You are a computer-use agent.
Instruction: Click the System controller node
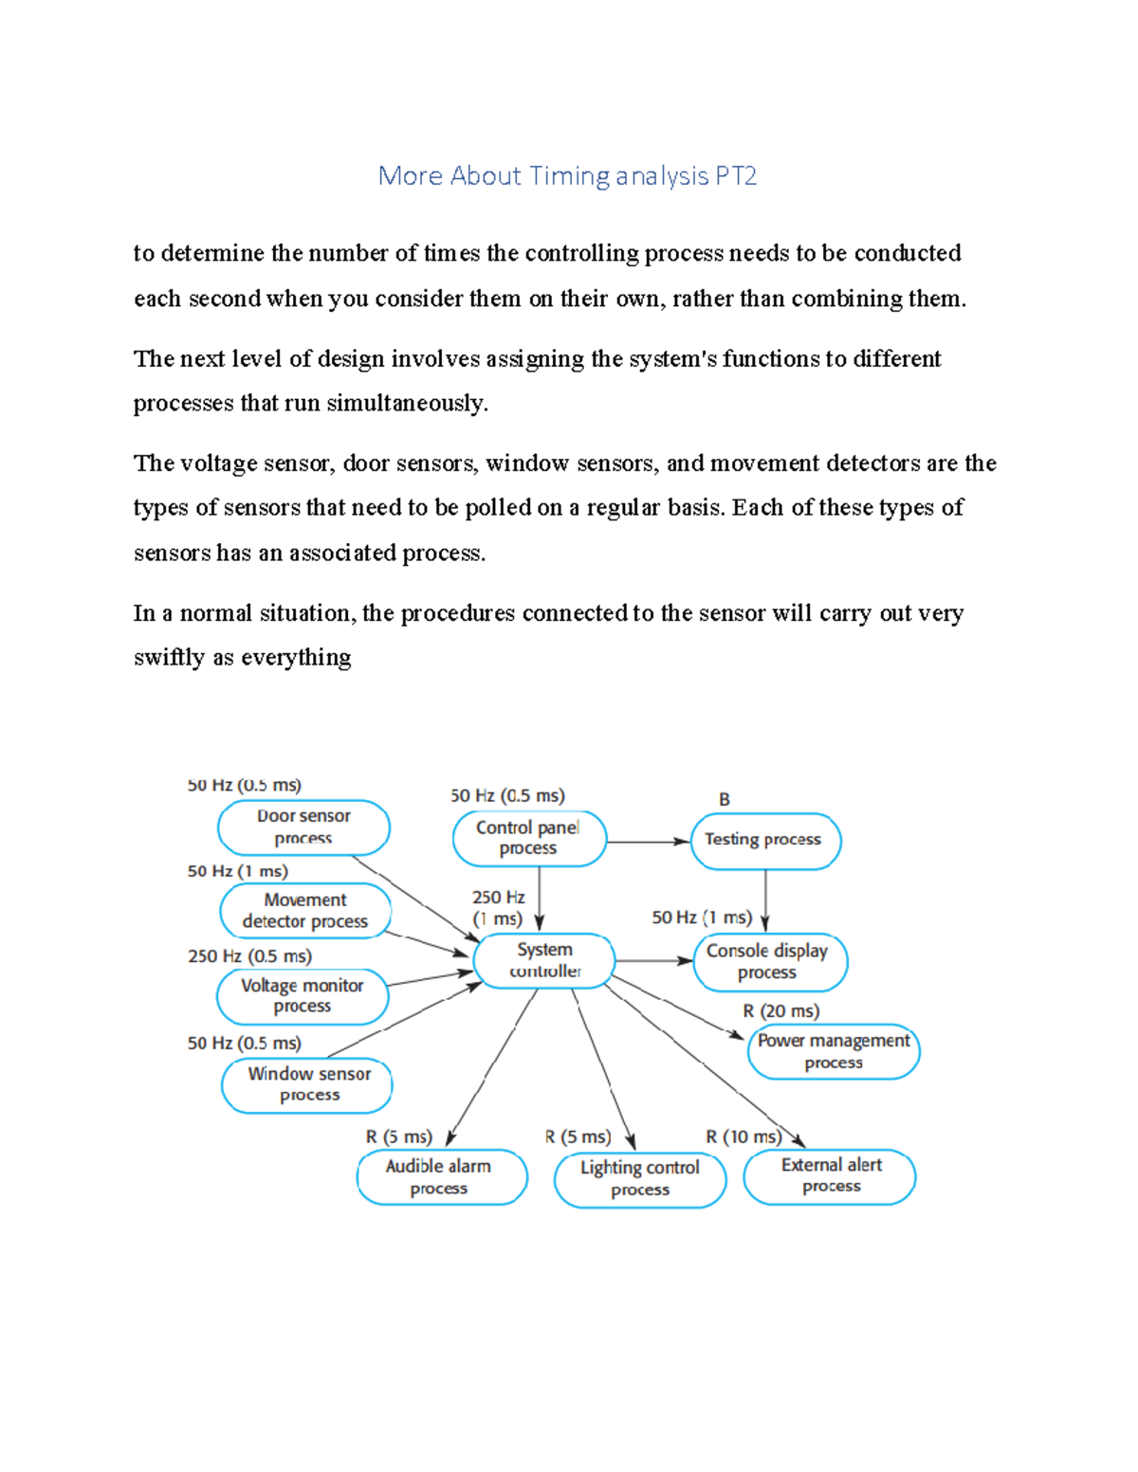point(544,960)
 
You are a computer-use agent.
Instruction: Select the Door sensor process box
point(303,827)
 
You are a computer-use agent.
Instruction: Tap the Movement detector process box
point(305,911)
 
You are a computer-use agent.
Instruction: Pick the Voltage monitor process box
point(303,996)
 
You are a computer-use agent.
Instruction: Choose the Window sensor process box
point(307,1084)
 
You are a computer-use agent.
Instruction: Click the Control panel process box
point(528,838)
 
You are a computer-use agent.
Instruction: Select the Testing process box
point(764,840)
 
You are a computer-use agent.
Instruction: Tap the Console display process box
point(769,962)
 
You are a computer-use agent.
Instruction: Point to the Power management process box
point(834,1051)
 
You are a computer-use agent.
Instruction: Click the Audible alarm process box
point(440,1177)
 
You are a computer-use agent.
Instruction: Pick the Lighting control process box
point(640,1179)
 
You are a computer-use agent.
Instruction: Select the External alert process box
point(830,1176)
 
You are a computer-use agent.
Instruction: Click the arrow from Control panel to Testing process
point(648,841)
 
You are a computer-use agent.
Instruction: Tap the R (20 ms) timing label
point(780,1011)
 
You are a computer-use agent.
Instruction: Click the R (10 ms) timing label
point(743,1136)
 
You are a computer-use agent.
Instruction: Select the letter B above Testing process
point(725,799)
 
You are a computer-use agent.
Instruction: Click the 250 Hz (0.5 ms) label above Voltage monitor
point(249,956)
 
